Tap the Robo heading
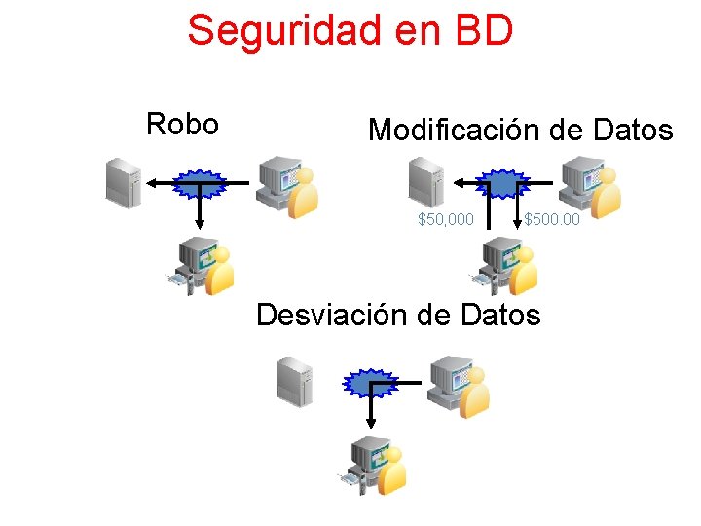click(181, 125)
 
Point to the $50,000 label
click(446, 220)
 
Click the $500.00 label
click(552, 220)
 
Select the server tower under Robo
click(124, 182)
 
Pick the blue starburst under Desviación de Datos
click(371, 384)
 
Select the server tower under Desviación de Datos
click(294, 381)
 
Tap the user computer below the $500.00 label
click(505, 266)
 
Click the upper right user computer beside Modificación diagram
click(589, 189)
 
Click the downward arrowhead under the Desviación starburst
click(371, 423)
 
